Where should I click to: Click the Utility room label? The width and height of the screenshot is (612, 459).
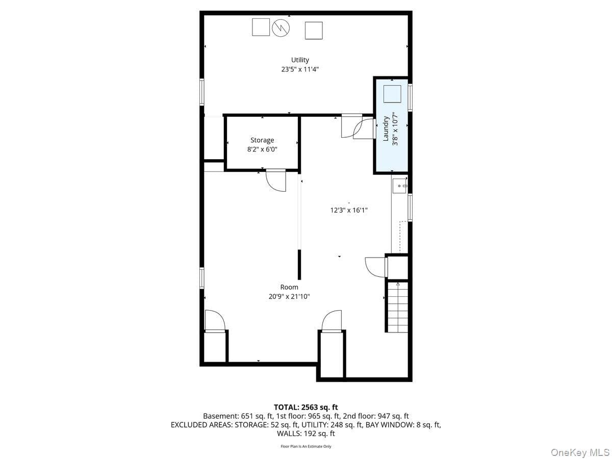(300, 60)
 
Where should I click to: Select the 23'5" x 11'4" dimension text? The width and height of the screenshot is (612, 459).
(300, 69)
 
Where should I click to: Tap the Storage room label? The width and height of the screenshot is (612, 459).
(262, 140)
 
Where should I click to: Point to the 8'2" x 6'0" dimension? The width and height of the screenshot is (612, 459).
(262, 149)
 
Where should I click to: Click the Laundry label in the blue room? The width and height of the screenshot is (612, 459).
(386, 129)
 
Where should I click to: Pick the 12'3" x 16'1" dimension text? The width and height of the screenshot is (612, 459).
(349, 210)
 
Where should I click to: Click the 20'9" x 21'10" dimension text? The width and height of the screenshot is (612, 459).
(289, 296)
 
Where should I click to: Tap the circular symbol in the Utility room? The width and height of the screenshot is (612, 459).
(281, 28)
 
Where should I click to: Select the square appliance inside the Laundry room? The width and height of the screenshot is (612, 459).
(392, 94)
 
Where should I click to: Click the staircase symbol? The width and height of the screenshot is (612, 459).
(397, 307)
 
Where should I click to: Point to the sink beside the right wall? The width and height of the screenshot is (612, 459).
(399, 186)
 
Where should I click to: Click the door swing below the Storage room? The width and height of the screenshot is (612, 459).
(276, 181)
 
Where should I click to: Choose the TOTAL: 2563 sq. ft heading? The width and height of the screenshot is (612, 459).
(306, 407)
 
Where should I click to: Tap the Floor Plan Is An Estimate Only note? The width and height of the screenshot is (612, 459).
(306, 446)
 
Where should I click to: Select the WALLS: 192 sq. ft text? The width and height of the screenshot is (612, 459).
(306, 433)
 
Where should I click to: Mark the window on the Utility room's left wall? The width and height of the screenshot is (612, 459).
(202, 92)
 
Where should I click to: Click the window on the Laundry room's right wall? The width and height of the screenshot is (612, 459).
(410, 97)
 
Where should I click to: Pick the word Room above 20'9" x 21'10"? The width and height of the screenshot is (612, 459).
(289, 287)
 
